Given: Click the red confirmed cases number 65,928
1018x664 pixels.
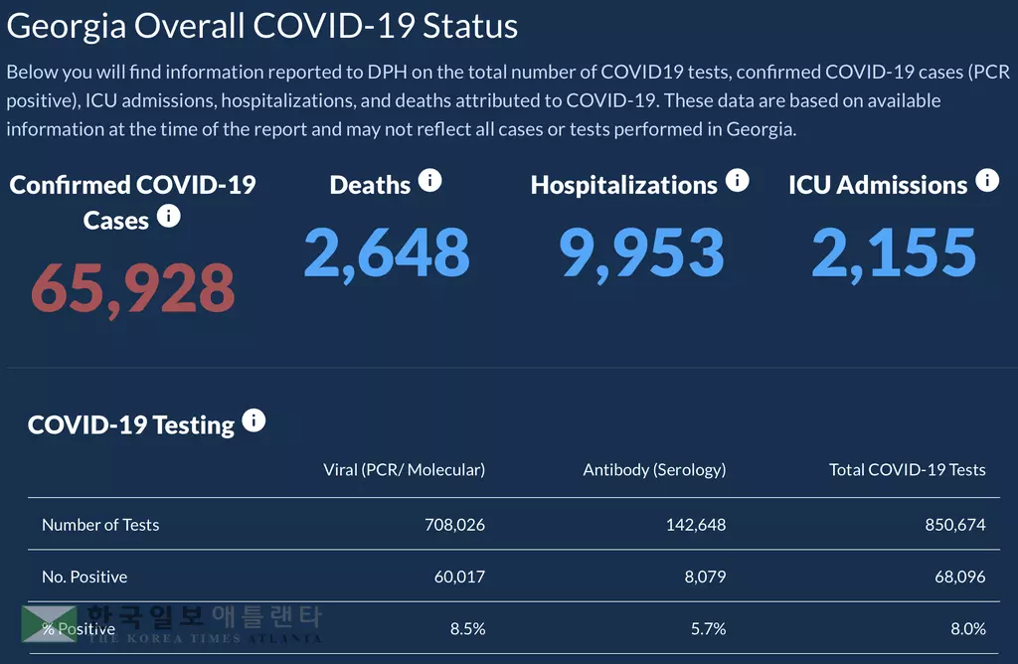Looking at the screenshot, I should (133, 288).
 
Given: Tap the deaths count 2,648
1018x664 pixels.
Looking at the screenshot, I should (387, 252).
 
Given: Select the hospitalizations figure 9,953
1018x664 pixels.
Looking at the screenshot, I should (641, 252).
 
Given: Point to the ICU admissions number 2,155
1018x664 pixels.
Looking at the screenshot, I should (894, 252).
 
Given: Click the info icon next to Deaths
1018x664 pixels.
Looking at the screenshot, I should (429, 181).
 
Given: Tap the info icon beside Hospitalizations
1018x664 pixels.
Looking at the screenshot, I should (737, 181).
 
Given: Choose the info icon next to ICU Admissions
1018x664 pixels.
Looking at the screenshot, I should (987, 181).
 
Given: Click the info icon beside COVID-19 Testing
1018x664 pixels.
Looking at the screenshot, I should (254, 421).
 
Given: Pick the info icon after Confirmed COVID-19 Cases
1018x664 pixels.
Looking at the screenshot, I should (169, 216).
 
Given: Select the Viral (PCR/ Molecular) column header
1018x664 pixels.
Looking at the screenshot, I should (405, 469).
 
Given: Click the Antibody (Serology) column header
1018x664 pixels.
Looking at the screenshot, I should (654, 469).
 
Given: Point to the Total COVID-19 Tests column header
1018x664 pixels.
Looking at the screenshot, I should (907, 469).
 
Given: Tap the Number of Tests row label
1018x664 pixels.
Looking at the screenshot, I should (100, 524).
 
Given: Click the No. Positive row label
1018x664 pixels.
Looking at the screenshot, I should (85, 577).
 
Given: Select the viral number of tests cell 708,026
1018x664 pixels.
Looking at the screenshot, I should (454, 524).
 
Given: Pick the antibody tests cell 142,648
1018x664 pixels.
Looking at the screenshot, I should (696, 524).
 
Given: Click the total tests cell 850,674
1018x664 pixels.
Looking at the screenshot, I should (955, 524).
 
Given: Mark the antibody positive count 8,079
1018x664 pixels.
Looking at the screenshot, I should (705, 577).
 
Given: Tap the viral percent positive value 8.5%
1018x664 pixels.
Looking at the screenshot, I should (466, 628).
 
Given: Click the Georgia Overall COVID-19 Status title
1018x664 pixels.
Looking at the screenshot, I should (262, 26).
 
